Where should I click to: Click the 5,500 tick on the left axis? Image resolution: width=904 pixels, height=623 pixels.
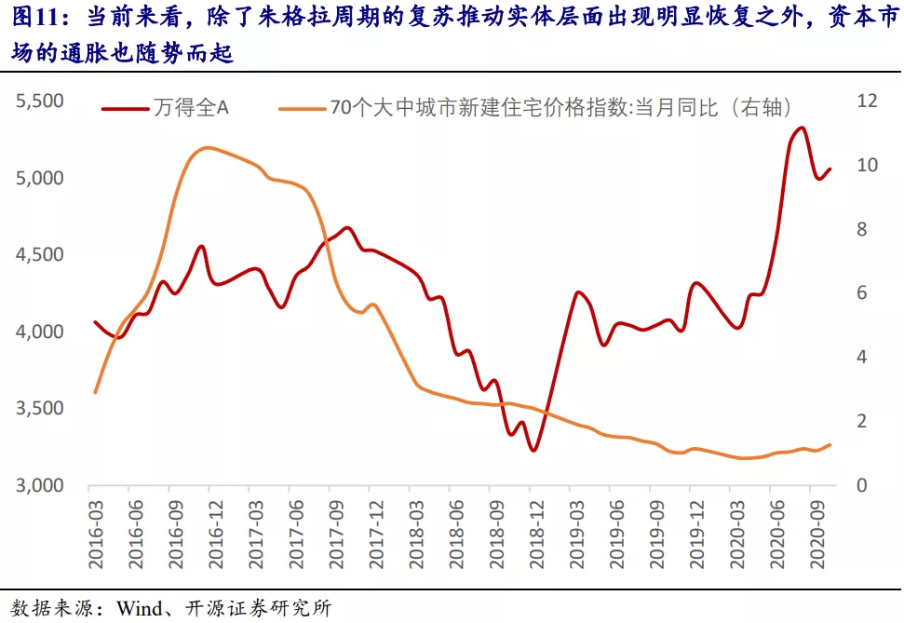[x=38, y=101]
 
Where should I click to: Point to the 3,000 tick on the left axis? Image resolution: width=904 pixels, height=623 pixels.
[x=38, y=486]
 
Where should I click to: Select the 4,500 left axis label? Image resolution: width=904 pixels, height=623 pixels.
[x=38, y=255]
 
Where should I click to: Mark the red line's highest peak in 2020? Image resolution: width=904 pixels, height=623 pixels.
[x=802, y=128]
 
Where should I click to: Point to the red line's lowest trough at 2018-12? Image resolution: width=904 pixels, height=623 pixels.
[x=533, y=451]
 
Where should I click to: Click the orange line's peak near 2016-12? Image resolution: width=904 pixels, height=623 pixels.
[x=207, y=147]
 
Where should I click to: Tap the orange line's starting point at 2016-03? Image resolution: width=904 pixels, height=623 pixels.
[x=95, y=393]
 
